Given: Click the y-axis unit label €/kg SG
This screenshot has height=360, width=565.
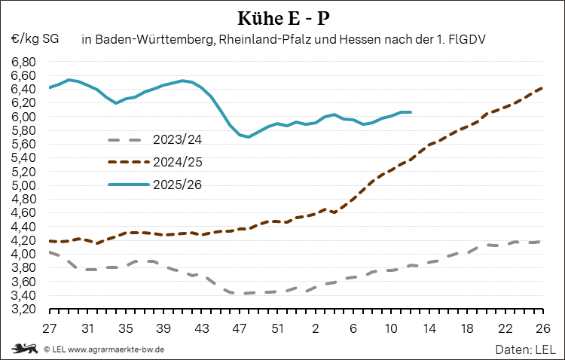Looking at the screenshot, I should [35, 38].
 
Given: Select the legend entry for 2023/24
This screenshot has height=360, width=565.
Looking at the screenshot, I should [176, 140].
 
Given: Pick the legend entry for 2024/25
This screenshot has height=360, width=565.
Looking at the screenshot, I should [176, 162].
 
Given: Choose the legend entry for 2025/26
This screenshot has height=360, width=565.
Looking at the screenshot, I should [176, 184].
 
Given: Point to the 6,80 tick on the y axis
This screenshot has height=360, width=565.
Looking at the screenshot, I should [23, 62].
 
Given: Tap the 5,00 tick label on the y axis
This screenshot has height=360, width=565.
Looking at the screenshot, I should [23, 185].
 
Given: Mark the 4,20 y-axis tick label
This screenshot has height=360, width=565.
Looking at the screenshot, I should [23, 240].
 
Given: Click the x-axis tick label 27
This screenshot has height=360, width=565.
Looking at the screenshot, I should [50, 328].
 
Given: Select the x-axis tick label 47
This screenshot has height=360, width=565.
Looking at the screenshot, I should [240, 328].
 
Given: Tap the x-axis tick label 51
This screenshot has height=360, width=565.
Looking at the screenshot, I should [277, 328].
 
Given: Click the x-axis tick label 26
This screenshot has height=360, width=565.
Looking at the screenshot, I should [542, 328].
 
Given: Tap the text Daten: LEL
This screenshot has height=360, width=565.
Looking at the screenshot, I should [525, 349].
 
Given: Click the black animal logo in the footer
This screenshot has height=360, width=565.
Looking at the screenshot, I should [24, 349].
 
